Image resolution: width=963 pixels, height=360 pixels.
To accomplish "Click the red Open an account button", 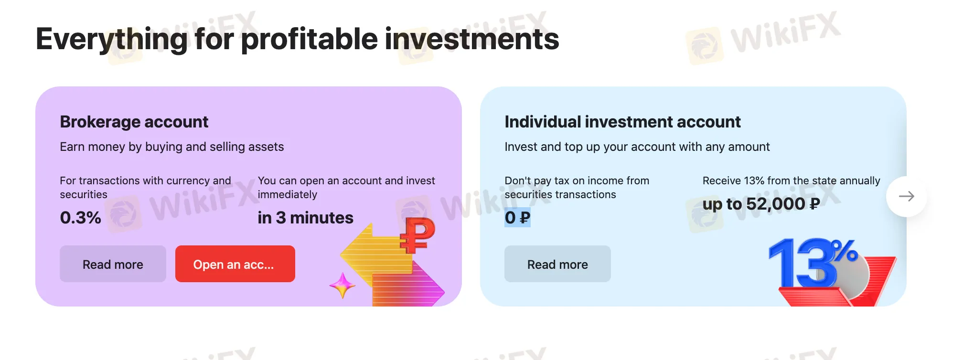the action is (x=235, y=264).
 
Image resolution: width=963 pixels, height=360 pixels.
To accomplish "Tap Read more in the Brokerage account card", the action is (x=113, y=264).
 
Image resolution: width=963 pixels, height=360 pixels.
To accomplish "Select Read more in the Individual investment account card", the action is (x=557, y=264).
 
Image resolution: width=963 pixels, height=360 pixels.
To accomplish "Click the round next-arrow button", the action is (x=906, y=196).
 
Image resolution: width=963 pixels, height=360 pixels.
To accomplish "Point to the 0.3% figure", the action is (x=80, y=218).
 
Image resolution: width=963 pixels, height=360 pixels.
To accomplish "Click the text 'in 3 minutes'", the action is (x=305, y=218).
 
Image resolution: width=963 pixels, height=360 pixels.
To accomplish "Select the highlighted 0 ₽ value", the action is (x=517, y=218).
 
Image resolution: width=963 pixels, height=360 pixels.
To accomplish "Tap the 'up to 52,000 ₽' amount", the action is (x=761, y=204).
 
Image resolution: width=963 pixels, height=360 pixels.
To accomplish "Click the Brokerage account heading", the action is (x=134, y=122).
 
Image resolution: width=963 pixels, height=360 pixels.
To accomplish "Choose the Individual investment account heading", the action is (x=622, y=122).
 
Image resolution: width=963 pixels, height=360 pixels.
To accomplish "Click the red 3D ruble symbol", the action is (x=417, y=235).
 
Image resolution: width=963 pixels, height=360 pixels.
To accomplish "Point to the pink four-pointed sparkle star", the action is (x=342, y=285).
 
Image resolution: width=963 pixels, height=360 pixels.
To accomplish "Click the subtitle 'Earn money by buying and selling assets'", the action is (x=172, y=147).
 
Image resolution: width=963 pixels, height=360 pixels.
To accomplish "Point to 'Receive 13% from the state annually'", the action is (x=791, y=180).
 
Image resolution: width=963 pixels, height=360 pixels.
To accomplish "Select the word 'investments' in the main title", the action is (x=472, y=40).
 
